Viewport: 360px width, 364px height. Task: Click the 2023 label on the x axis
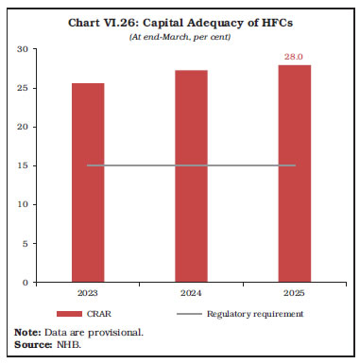[x=87, y=292]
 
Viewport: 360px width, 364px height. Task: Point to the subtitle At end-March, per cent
[x=180, y=36]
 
